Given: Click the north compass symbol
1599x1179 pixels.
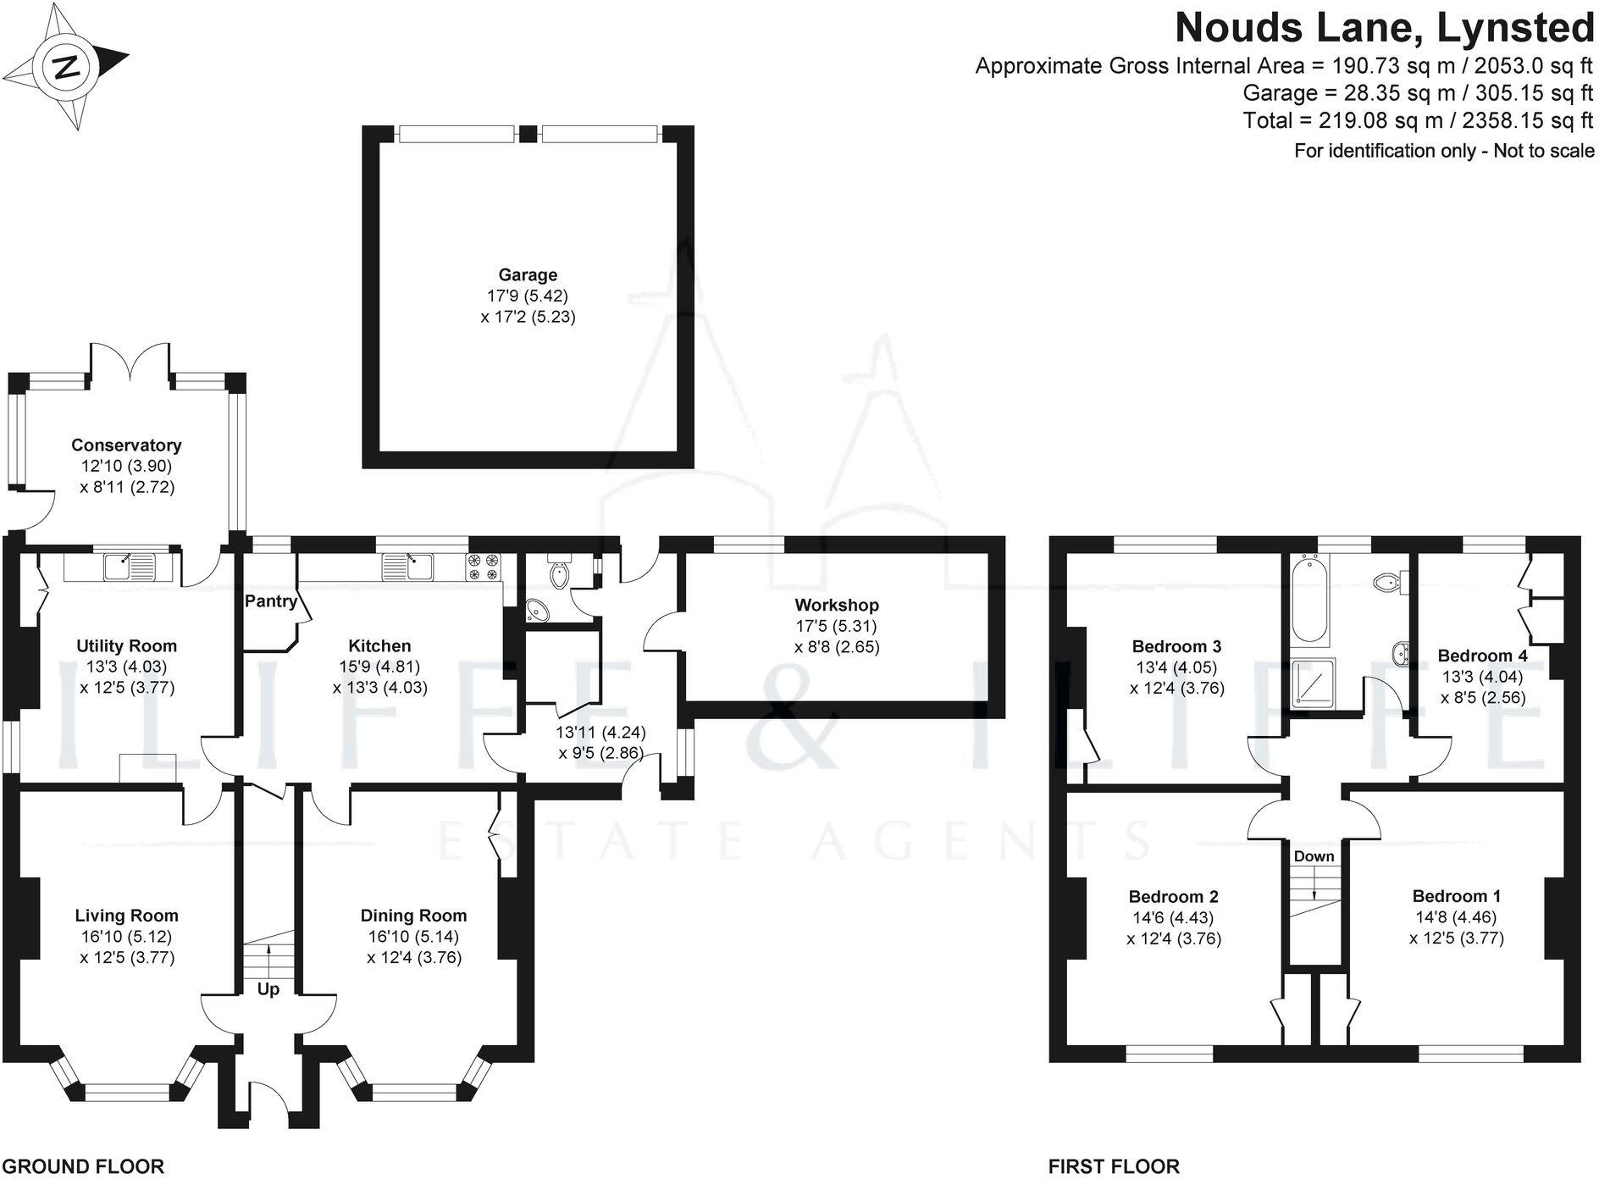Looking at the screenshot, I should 66,67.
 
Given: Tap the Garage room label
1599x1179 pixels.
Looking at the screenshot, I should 528,274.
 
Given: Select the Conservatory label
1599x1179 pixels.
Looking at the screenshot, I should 126,445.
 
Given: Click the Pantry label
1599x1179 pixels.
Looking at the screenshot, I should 271,601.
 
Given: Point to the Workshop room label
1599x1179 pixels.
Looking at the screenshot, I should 836,605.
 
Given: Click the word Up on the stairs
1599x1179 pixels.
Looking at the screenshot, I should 268,988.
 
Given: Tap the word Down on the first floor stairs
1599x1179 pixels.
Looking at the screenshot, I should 1314,856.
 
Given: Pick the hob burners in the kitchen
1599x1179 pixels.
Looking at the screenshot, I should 484,567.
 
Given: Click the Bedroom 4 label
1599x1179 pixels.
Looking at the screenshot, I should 1482,656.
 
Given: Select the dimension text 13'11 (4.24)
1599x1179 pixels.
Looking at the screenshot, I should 600,732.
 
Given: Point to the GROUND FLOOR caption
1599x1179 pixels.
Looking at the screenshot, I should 82,1166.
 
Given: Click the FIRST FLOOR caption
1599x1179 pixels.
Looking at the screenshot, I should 1113,1166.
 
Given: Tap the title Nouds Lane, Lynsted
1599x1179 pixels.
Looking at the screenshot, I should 1384,27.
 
